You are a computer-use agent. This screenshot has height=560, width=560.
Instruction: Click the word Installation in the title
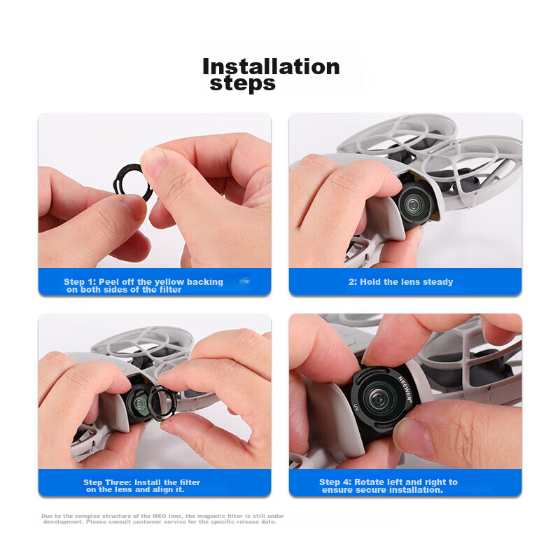(271, 66)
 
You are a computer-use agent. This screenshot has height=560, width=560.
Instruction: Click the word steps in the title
(242, 84)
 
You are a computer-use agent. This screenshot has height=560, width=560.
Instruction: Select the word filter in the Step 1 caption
(170, 290)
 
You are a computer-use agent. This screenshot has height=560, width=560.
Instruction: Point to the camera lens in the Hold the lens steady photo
(414, 204)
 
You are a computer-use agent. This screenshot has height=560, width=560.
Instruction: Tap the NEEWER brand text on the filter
(405, 389)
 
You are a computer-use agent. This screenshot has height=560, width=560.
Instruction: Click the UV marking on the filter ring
(356, 407)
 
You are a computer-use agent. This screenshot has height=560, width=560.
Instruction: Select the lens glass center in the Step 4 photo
(377, 398)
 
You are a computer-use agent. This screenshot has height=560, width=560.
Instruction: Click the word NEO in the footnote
(160, 516)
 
